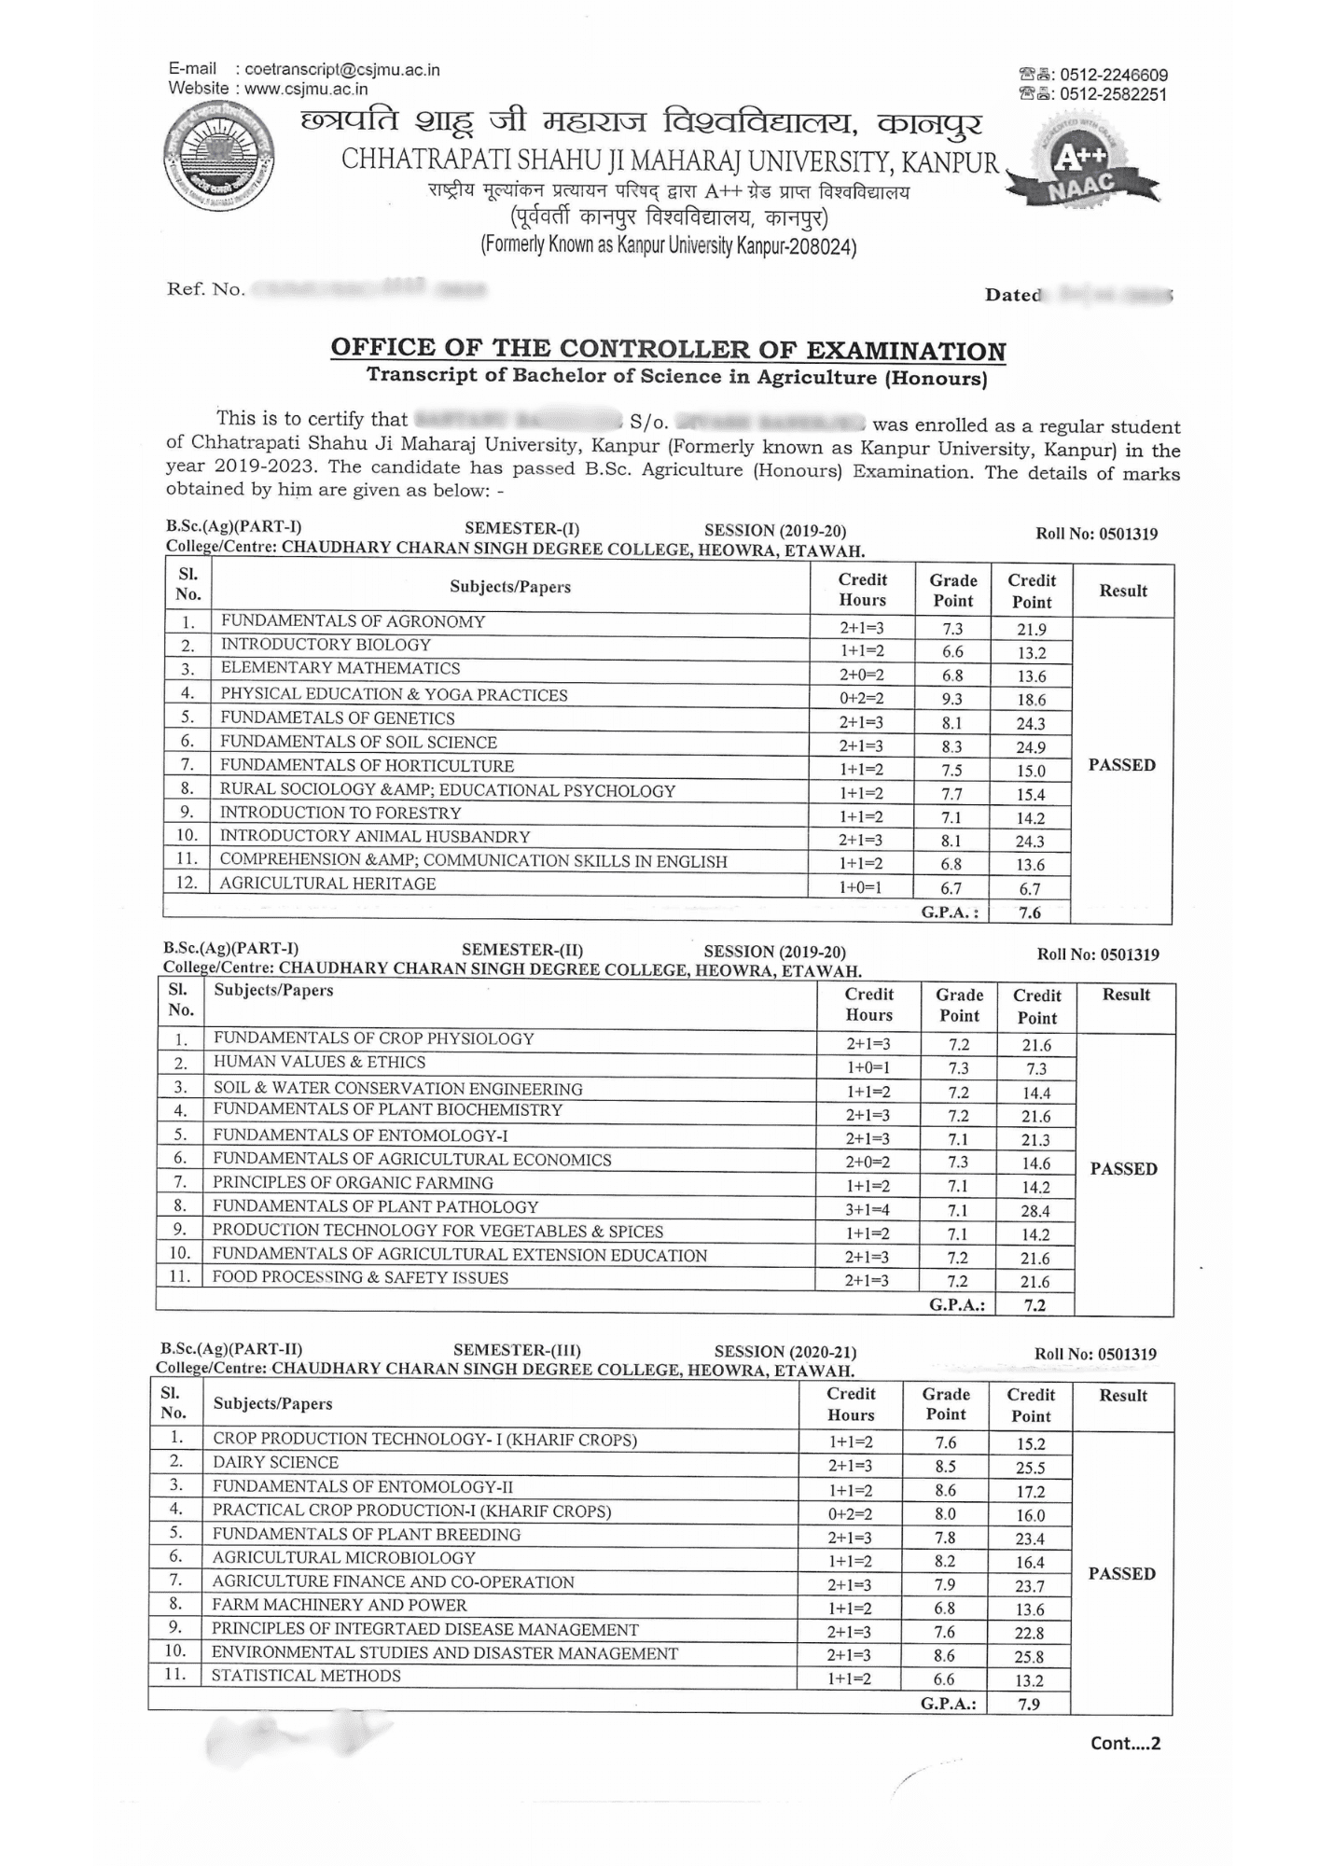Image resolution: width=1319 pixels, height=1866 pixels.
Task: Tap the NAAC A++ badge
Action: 1082,168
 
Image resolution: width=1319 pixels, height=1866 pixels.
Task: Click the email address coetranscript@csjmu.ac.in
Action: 341,70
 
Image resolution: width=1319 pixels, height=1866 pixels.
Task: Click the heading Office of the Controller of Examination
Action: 668,350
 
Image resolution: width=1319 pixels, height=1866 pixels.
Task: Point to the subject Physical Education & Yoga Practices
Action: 394,695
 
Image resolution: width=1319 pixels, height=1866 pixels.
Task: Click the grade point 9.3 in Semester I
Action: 951,699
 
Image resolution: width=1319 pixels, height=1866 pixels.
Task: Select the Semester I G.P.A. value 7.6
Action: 1030,912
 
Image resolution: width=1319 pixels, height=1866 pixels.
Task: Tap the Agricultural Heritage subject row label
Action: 327,884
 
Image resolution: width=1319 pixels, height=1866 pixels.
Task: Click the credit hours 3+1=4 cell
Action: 868,1210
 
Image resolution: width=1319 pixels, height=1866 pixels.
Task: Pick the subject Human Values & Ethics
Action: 319,1062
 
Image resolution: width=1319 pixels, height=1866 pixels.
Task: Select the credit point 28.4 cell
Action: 1035,1211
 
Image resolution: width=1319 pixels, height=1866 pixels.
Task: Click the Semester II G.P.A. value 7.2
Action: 1034,1305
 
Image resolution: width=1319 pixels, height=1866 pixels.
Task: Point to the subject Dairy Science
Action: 275,1463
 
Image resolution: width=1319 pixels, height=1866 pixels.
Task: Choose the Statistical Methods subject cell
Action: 306,1676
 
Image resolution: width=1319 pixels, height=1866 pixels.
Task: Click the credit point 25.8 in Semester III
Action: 1030,1657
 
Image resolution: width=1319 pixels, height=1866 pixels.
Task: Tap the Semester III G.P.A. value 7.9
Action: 1029,1704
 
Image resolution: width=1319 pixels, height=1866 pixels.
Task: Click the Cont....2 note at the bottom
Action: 1125,1743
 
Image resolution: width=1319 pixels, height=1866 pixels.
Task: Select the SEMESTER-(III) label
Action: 517,1350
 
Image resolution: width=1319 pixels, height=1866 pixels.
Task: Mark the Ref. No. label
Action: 205,289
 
